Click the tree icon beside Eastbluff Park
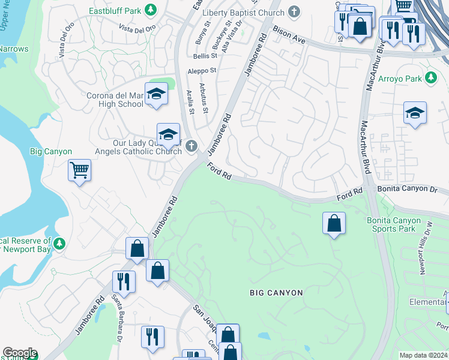[151, 10]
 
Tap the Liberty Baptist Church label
[243, 13]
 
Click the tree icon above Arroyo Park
[430, 78]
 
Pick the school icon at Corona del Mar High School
[156, 94]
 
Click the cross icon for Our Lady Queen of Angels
[191, 145]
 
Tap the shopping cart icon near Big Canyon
[79, 171]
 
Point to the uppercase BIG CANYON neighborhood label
[276, 293]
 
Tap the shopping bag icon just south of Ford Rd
[334, 224]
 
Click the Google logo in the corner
[20, 353]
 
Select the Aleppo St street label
[201, 70]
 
